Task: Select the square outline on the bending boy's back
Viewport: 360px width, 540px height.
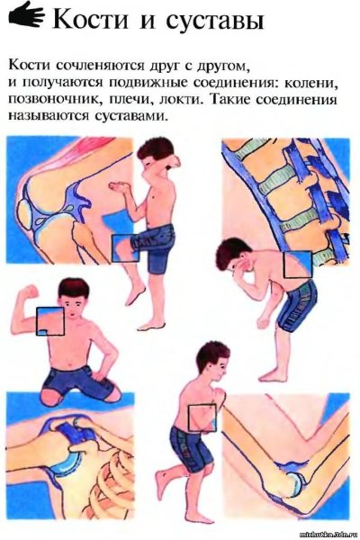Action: pos(296,265)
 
